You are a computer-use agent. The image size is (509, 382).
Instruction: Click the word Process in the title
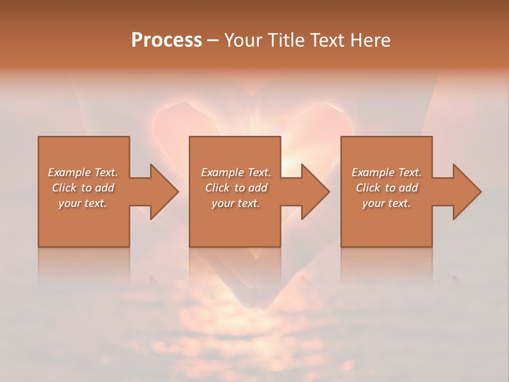coord(166,40)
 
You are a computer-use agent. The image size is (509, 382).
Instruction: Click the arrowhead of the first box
coord(162,192)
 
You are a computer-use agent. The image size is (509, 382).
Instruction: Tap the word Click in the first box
coord(64,188)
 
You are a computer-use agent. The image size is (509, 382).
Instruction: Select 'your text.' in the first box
coord(83,203)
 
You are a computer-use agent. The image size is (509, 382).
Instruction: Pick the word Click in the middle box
coord(217,188)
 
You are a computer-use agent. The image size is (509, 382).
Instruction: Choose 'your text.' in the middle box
coord(235,203)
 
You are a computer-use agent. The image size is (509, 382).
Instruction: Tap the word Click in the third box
coord(368,188)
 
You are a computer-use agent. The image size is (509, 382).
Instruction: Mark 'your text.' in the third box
coord(386,203)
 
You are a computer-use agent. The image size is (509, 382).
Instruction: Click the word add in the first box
coord(104,188)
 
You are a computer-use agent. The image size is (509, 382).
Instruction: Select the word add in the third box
coord(408,188)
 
